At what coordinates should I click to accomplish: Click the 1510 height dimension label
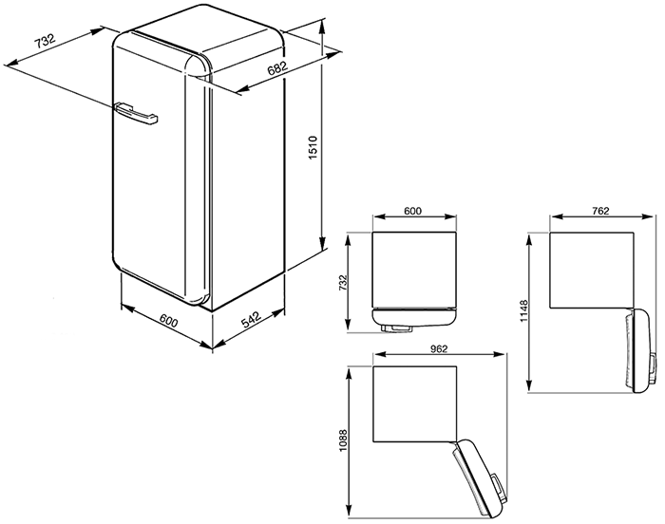click(313, 147)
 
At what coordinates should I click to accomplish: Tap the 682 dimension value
click(277, 68)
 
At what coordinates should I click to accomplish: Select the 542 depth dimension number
click(252, 320)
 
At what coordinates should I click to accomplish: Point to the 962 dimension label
click(439, 348)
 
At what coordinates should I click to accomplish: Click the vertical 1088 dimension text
click(343, 440)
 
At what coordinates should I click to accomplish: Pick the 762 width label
click(600, 211)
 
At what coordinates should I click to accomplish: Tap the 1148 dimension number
click(524, 311)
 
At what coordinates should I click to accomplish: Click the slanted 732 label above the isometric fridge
click(45, 41)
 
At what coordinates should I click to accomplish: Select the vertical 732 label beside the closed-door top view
click(343, 283)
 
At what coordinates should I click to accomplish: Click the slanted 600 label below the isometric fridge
click(169, 322)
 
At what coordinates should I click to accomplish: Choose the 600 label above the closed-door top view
click(412, 211)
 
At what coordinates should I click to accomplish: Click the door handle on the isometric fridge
click(136, 114)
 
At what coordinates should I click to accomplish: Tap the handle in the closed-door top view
click(396, 328)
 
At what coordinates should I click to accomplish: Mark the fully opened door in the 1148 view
click(640, 350)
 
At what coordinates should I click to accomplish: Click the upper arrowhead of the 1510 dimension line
click(323, 26)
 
